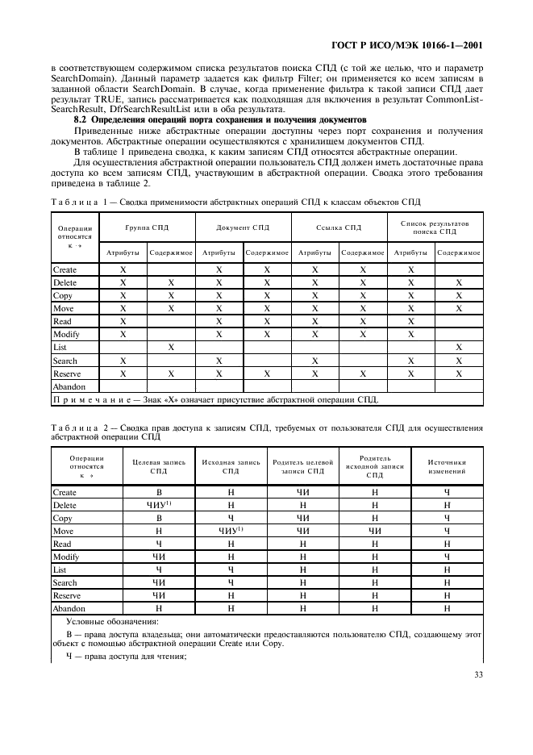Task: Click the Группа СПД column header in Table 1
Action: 148,227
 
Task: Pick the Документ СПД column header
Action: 243,227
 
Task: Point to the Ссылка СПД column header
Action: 339,227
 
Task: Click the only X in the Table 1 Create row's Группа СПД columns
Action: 123,269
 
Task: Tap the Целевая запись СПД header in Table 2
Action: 159,466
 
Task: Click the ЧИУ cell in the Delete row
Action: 159,505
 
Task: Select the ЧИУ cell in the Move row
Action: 231,531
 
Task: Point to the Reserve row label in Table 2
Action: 66,595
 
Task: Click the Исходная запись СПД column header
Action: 231,466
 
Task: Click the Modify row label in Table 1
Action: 66,334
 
